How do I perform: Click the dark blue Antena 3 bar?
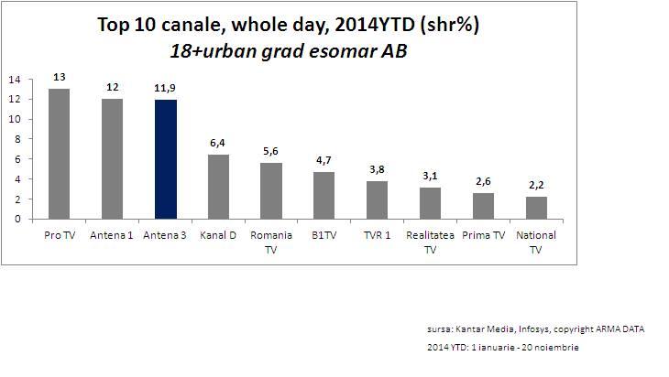(x=165, y=159)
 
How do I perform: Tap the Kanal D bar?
(x=218, y=187)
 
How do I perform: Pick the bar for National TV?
(x=537, y=208)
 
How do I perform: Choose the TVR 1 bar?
(x=378, y=199)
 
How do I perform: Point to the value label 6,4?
(x=218, y=145)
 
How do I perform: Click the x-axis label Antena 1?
(x=112, y=235)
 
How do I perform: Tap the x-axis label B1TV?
(x=324, y=235)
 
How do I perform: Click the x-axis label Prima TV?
(x=484, y=235)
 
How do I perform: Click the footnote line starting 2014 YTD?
(x=503, y=348)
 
